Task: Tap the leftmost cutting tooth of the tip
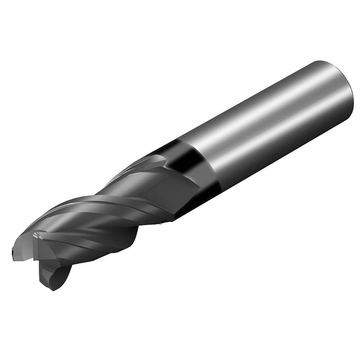[18, 252]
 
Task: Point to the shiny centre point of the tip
[36, 236]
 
